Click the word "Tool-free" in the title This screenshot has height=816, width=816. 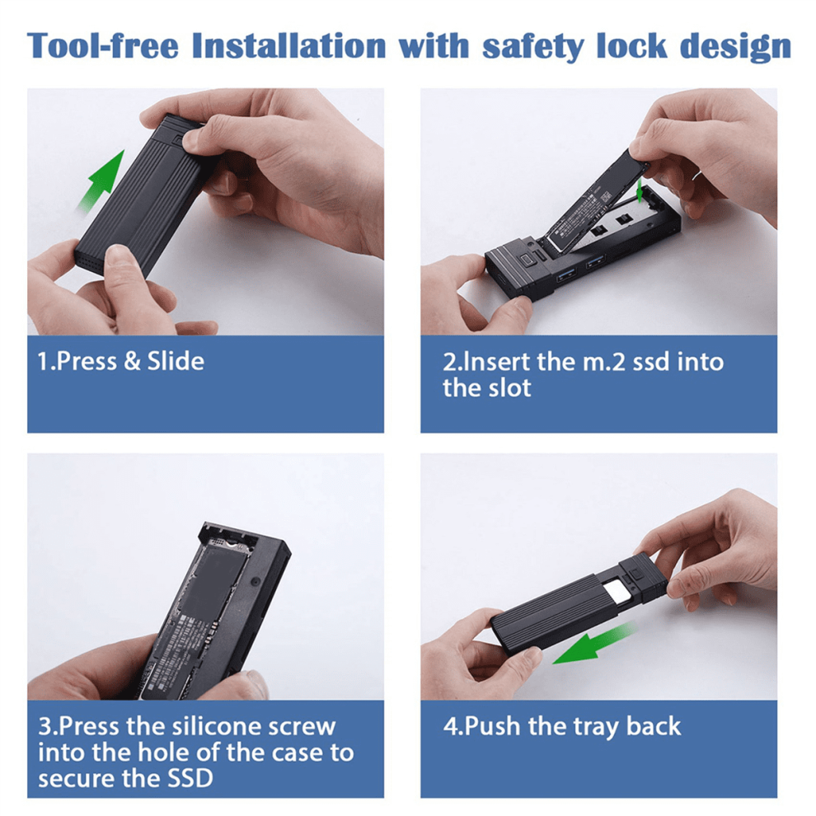point(102,45)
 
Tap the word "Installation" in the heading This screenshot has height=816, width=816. point(288,45)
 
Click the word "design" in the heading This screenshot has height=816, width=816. point(736,48)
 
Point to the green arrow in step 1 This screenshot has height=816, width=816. point(102,180)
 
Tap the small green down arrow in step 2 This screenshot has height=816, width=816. point(640,191)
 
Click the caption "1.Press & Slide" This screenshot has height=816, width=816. point(120,361)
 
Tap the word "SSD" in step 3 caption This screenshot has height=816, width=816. point(190,779)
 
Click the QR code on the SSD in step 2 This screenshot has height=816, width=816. point(605,198)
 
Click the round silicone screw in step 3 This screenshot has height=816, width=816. point(255,580)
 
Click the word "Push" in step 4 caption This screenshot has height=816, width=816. point(493,726)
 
